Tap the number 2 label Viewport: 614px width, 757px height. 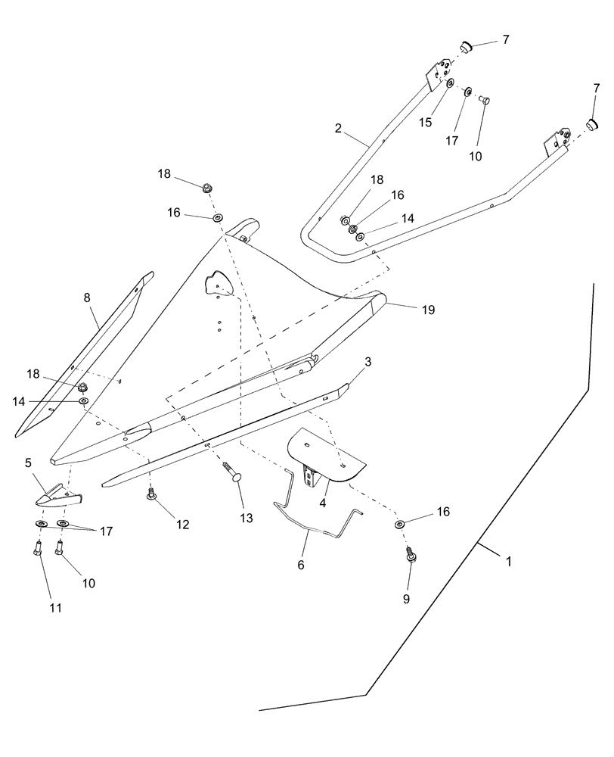point(338,129)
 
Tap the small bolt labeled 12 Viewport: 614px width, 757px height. point(151,496)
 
